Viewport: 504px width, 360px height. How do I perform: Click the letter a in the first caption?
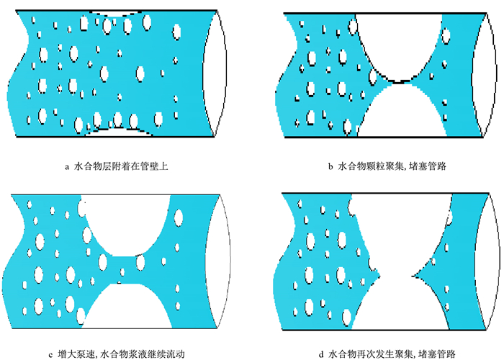tap(66, 167)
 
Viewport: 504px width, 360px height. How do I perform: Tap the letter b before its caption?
tap(330, 167)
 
